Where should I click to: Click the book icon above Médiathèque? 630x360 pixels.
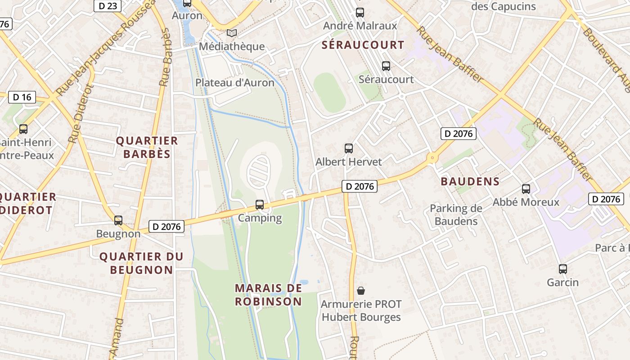232,33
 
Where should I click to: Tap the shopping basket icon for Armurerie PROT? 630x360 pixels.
360,291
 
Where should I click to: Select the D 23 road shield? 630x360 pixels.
107,6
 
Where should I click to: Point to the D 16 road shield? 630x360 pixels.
22,97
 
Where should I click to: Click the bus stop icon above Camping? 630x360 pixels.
260,205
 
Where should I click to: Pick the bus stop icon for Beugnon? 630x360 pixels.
118,220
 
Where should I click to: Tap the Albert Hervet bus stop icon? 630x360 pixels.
349,148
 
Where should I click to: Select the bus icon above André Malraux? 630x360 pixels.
360,13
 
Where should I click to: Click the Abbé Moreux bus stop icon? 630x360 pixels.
526,189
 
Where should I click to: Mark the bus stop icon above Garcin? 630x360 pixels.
563,269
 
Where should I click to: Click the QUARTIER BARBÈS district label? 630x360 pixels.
147,148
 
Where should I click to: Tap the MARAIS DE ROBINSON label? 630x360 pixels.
268,295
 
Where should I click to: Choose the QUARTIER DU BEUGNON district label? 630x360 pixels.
141,263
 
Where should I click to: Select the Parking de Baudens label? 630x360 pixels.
456,215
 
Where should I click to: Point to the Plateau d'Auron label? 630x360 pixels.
234,83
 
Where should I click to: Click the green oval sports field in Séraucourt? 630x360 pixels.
329,92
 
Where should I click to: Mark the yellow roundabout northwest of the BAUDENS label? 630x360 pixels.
432,157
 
